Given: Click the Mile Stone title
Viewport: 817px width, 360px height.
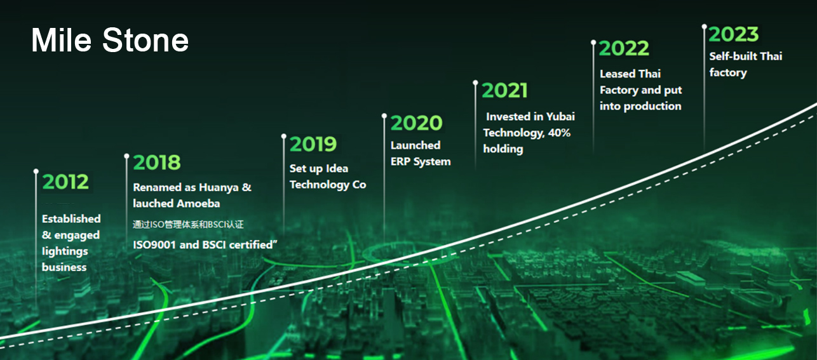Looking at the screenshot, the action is point(110,40).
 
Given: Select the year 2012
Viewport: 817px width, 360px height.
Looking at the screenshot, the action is point(65,182).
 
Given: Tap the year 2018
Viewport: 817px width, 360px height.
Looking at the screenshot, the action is point(157,163).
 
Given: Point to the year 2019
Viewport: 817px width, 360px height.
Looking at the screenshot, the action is point(313,144).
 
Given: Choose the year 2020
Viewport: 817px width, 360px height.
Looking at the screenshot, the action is point(417,123).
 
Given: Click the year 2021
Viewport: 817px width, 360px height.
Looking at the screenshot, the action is point(505,91).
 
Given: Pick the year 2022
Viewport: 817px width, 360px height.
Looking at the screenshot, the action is point(624,48).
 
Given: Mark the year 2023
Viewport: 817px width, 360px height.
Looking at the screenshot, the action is point(734,35).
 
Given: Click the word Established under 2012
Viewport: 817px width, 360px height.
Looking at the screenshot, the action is point(71,218).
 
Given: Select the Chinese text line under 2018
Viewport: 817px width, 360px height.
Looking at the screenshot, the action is point(188,225).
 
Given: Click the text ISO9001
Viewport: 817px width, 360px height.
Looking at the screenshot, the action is point(154,244).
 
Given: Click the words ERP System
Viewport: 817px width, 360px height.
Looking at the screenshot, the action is point(421,161).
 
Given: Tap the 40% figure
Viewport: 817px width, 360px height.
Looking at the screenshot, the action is point(559,133).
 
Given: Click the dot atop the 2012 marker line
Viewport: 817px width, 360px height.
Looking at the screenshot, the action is point(36,171).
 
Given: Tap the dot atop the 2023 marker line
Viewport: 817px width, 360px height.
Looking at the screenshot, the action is point(705,26).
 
